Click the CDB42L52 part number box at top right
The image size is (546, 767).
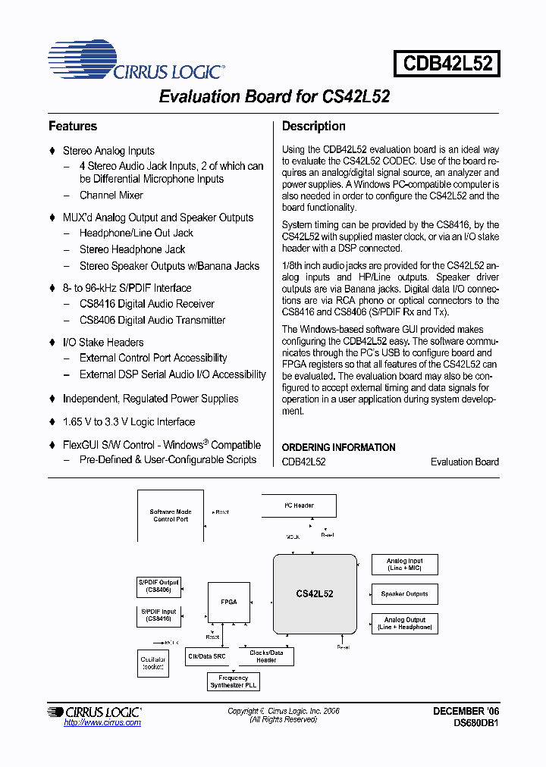(447, 63)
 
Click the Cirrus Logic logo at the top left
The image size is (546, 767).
(136, 63)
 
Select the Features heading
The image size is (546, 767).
(73, 127)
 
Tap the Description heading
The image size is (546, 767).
(313, 127)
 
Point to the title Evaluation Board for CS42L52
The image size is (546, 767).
(274, 97)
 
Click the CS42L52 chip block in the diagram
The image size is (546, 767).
(315, 593)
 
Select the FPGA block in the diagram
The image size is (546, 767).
(229, 602)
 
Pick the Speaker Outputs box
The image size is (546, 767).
(404, 594)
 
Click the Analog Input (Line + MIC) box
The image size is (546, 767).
(404, 565)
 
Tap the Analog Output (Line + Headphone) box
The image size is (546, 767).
(404, 623)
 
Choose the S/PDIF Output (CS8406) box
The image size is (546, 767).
(158, 586)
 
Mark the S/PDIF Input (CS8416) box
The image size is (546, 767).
(158, 615)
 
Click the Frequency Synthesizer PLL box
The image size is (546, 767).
(233, 681)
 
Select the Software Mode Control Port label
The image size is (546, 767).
(171, 516)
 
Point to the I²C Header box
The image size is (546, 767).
(299, 506)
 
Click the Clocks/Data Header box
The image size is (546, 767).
(266, 656)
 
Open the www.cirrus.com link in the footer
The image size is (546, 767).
(102, 723)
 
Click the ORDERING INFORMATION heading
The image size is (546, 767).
(338, 447)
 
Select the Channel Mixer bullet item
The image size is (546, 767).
(111, 196)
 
